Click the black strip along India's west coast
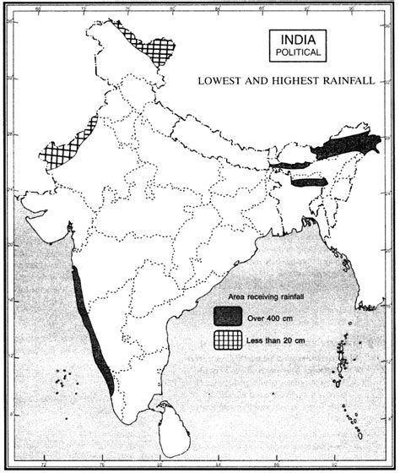coord(89,329)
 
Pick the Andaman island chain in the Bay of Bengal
coord(342,359)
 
